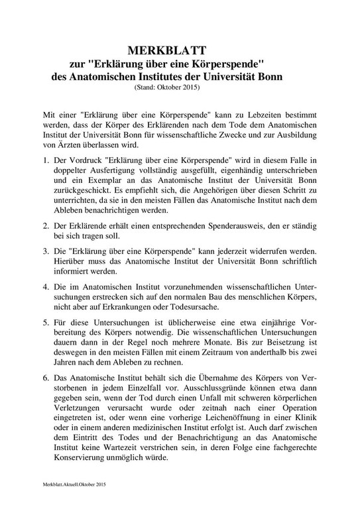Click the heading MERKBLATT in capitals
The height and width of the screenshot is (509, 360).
pos(168,50)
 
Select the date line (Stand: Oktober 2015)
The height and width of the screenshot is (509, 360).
pos(167,87)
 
